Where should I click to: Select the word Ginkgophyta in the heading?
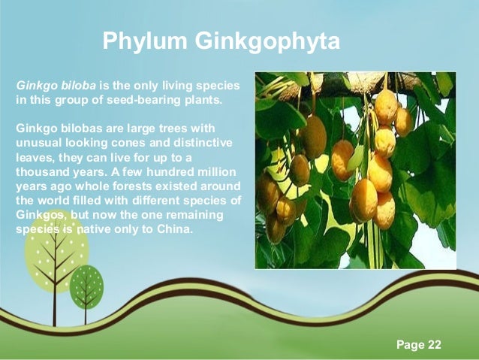click(x=267, y=41)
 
